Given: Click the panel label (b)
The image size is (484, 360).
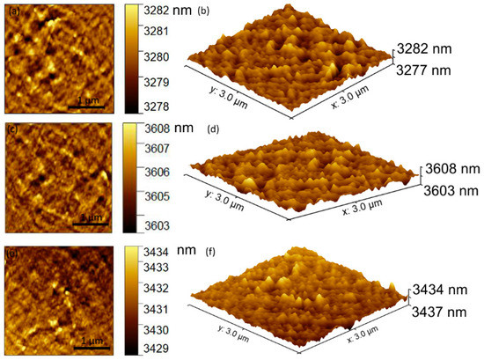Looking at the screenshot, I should click(x=204, y=12).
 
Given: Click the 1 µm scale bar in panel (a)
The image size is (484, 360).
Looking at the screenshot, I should click(x=88, y=107).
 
